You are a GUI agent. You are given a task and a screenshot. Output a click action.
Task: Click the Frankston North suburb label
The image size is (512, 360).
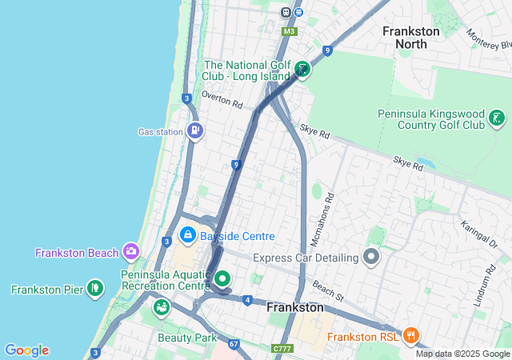[x=410, y=38]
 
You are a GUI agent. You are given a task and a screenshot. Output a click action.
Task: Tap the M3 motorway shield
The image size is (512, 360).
[x=289, y=31]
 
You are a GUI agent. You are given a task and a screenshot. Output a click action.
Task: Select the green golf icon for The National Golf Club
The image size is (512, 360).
[x=302, y=70]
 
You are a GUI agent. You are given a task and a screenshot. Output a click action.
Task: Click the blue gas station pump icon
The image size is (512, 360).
[x=194, y=130]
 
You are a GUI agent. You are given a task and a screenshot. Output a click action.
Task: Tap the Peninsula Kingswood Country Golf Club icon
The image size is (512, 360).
[x=498, y=119]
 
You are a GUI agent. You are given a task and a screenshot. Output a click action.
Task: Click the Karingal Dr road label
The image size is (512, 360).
[x=478, y=237]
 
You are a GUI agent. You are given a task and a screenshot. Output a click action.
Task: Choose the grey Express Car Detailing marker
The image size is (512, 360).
[x=370, y=258]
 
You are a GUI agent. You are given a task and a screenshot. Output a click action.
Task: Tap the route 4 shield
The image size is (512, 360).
[x=249, y=300]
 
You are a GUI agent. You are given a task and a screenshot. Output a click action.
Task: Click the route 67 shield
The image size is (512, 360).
[x=233, y=344]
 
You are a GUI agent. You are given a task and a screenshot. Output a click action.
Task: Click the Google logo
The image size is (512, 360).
[x=26, y=350]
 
